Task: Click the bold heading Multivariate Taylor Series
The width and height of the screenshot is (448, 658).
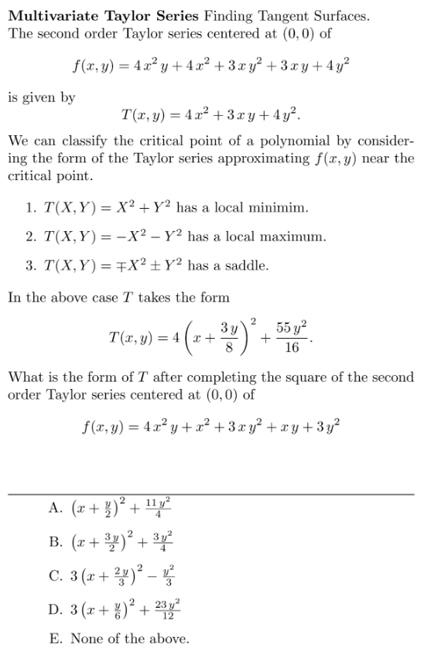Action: [102, 15]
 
